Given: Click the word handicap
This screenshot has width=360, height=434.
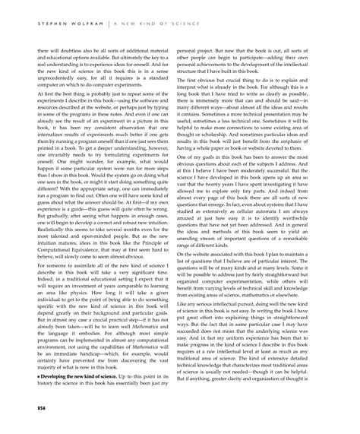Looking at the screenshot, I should point(98,358).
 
